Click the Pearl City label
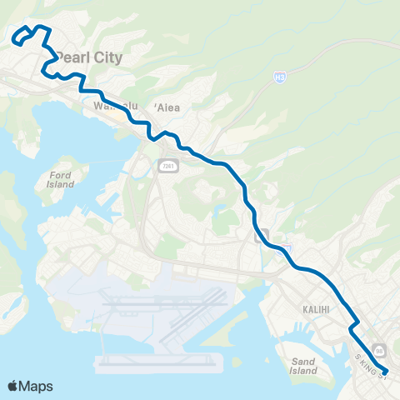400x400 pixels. click(88, 57)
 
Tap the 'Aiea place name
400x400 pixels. click(164, 107)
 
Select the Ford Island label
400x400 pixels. click(61, 179)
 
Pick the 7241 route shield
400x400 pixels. click(166, 167)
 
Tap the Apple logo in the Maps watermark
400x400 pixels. click(13, 386)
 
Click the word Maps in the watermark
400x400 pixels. click(37, 386)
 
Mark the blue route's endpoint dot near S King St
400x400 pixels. click(384, 372)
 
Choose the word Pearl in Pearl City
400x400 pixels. click(73, 57)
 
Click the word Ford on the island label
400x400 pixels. click(61, 174)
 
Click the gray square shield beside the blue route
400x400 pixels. click(262, 234)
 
